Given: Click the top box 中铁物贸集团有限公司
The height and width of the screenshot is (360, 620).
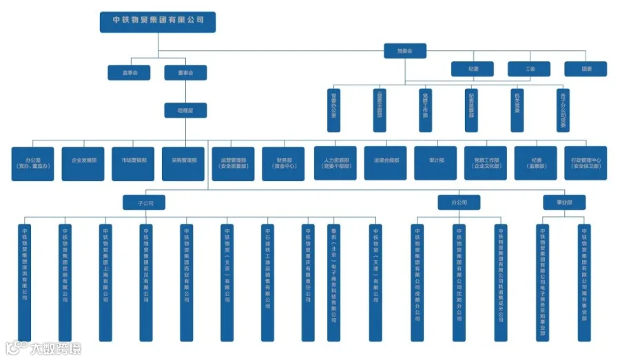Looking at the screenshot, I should (x=158, y=21).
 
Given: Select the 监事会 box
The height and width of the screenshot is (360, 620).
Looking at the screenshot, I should (x=129, y=72).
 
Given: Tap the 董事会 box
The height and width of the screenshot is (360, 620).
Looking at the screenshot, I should (x=185, y=72).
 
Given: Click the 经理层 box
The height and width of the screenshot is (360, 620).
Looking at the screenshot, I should (x=185, y=109).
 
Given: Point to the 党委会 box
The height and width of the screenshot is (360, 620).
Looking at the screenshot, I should (x=405, y=51).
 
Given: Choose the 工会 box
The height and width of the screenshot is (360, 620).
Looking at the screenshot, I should (x=530, y=69).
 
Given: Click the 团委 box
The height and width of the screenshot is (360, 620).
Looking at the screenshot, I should (x=586, y=69).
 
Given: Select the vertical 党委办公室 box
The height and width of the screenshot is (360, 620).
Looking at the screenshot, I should (x=334, y=109).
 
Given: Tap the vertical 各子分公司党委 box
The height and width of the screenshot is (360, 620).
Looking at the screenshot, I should (x=563, y=109).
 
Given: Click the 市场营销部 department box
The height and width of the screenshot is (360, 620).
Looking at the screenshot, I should (x=133, y=163).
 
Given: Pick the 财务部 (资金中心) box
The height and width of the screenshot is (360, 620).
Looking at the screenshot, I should (x=283, y=163).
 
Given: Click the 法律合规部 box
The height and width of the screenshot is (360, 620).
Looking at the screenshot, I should (x=385, y=163).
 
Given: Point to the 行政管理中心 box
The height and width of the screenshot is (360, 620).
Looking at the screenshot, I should (x=586, y=163).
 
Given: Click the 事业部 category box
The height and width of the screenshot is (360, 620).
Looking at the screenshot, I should (x=563, y=203).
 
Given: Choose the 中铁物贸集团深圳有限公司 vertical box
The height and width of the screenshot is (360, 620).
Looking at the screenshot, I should (x=24, y=282).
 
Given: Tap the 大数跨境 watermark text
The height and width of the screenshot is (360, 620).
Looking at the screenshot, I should (x=55, y=349).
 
